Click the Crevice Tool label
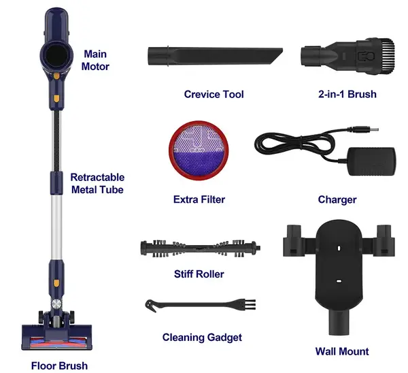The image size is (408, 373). point(214,94)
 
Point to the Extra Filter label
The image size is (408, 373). point(199,199)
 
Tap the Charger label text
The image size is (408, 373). point(337,199)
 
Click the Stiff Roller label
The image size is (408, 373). point(199,274)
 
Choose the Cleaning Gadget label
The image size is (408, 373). point(202,337)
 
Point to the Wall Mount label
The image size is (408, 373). point(342,351)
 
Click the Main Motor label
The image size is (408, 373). point(97,60)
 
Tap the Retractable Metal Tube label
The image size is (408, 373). point(97,183)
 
